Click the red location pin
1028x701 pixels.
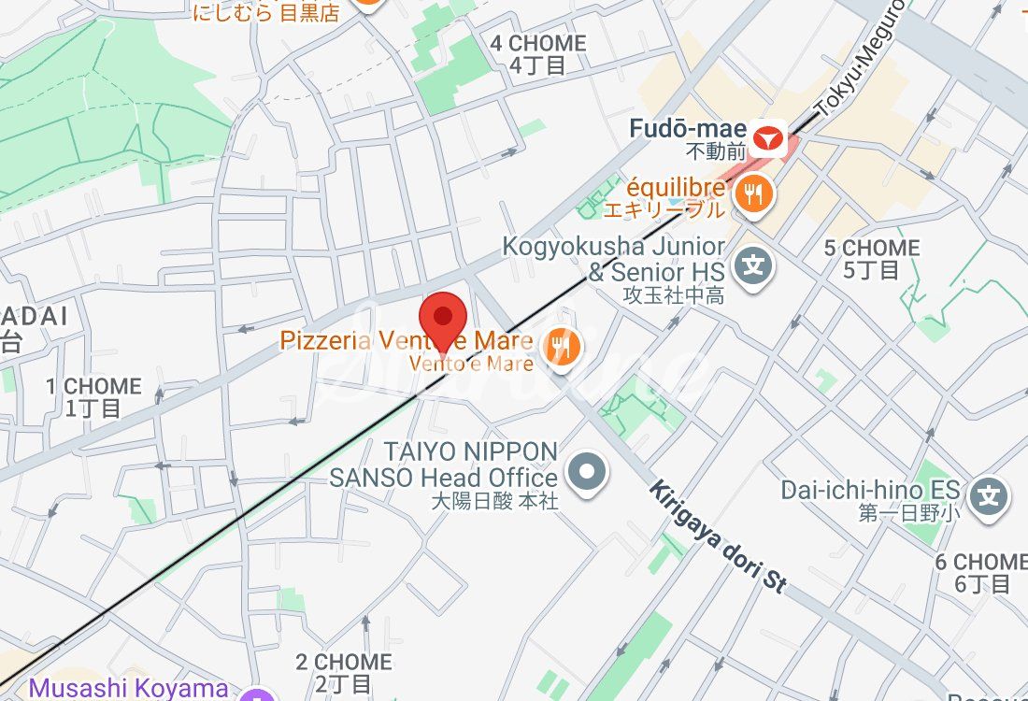pyautogui.click(x=443, y=319)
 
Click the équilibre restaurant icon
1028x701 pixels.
pyautogui.click(x=752, y=194)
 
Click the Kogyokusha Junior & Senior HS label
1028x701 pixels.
pyautogui.click(x=614, y=260)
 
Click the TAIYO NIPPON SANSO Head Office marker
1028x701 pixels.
pyautogui.click(x=588, y=472)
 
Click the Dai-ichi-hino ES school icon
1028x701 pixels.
pyautogui.click(x=989, y=494)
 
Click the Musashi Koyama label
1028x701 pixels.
pyautogui.click(x=128, y=689)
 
